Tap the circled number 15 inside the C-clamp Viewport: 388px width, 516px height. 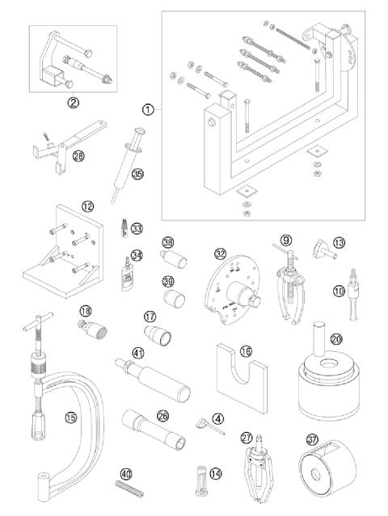(x=70, y=417)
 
